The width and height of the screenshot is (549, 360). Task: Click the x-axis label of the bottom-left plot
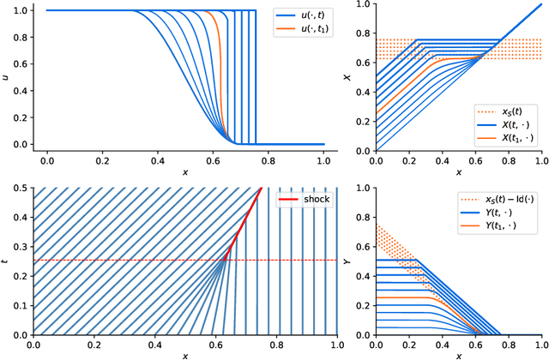coord(184,355)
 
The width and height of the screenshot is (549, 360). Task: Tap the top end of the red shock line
coord(261,188)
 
